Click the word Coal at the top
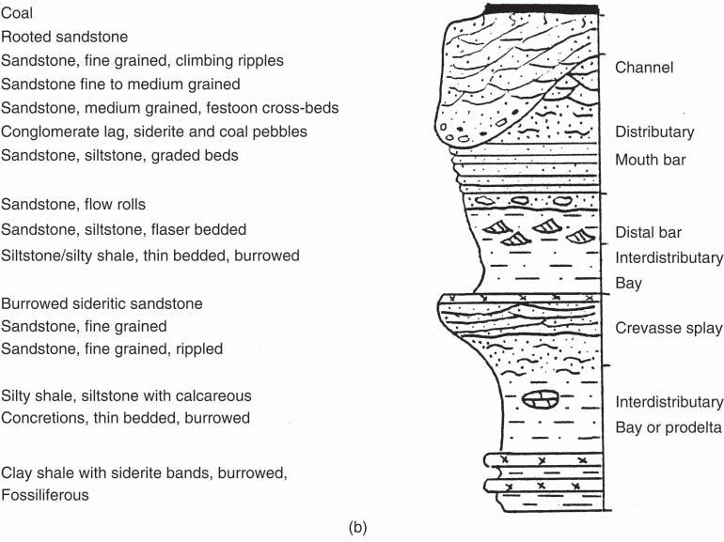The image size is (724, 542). [17, 13]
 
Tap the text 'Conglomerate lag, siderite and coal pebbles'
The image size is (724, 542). [154, 132]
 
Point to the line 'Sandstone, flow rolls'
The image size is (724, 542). [73, 204]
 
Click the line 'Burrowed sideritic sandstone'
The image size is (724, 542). [102, 303]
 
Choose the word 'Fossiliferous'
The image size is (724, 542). [45, 494]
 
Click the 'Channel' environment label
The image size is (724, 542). [645, 68]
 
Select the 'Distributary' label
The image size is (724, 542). [654, 132]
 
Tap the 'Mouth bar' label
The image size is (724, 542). [651, 160]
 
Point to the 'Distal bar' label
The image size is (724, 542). [648, 233]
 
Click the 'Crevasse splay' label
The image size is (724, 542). [669, 328]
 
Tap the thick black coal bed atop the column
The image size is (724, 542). [542, 9]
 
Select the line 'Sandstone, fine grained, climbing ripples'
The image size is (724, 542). [142, 60]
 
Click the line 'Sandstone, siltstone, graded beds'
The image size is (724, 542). [119, 156]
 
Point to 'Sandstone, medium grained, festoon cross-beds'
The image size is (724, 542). [170, 108]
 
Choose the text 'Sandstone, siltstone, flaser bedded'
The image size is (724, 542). [124, 229]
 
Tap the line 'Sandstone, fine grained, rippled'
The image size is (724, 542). [112, 349]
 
